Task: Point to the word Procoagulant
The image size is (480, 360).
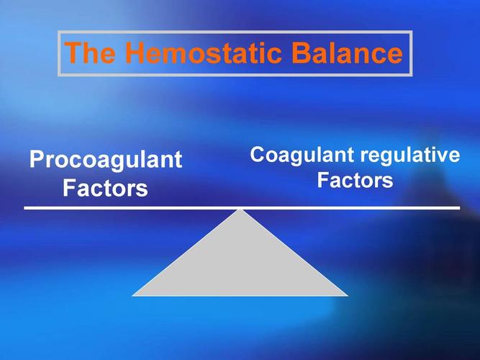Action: click(106, 160)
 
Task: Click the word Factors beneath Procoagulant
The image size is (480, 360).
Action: click(105, 189)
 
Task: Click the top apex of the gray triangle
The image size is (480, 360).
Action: click(240, 210)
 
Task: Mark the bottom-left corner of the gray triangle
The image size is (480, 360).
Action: click(132, 295)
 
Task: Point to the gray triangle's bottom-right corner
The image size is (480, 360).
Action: click(348, 295)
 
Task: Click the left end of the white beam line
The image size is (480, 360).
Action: click(25, 208)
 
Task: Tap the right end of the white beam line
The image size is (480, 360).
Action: click(459, 208)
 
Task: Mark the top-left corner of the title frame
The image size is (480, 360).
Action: click(58, 32)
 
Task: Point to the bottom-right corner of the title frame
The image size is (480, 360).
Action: click(411, 76)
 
